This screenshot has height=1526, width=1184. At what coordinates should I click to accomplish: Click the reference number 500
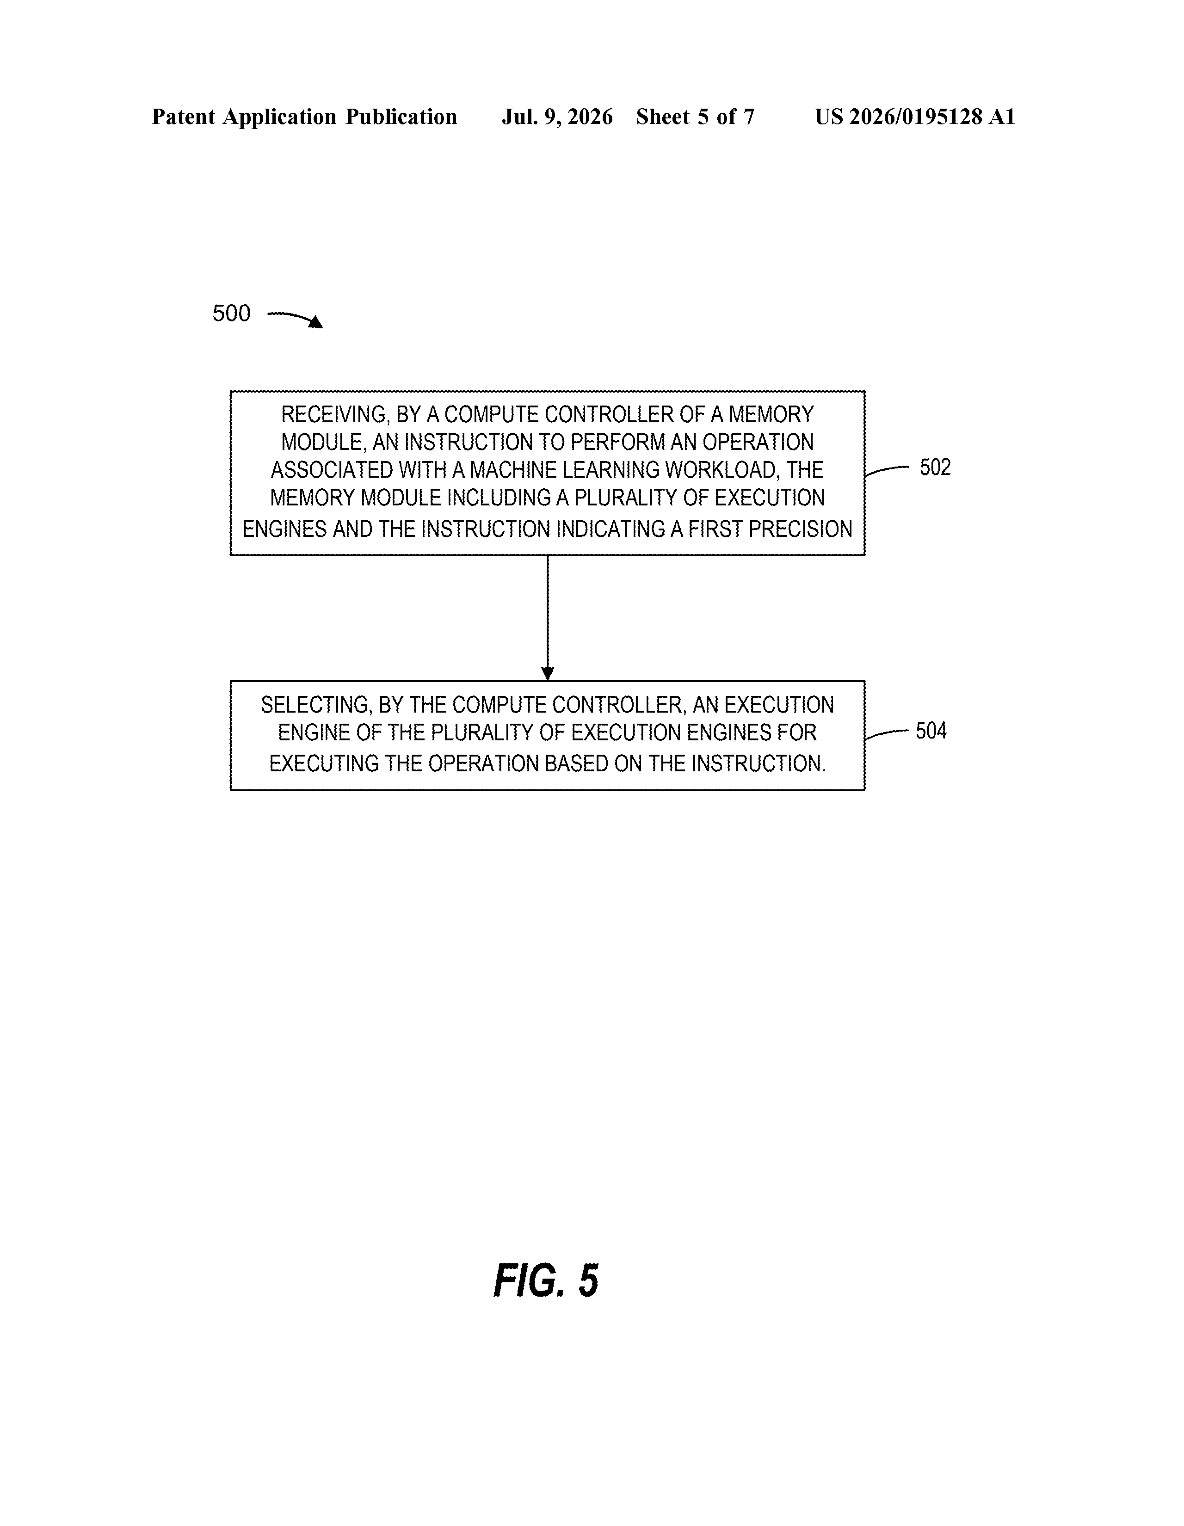pyautogui.click(x=231, y=313)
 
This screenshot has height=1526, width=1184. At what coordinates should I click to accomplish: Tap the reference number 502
pyautogui.click(x=935, y=468)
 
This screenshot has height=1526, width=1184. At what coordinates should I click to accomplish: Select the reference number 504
pyautogui.click(x=931, y=731)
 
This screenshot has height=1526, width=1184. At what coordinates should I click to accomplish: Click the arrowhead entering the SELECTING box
pyautogui.click(x=548, y=674)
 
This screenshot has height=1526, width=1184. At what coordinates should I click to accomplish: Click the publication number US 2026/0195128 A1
pyautogui.click(x=915, y=117)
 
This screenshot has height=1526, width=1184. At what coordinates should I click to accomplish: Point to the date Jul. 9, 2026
pyautogui.click(x=557, y=117)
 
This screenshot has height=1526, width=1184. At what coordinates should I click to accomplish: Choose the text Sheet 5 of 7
pyautogui.click(x=696, y=117)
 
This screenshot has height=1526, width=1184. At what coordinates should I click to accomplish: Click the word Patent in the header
pyautogui.click(x=183, y=117)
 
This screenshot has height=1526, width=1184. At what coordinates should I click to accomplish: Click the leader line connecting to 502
pyautogui.click(x=886, y=470)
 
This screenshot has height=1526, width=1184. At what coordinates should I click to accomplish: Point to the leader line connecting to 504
pyautogui.click(x=886, y=734)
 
